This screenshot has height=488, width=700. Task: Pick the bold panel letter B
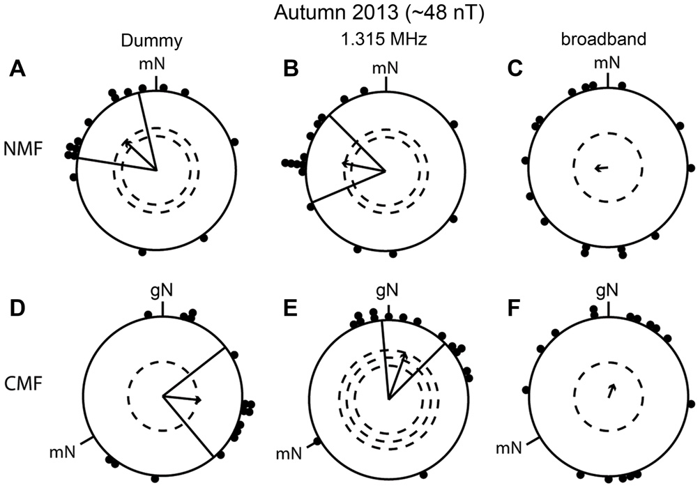pos(290,68)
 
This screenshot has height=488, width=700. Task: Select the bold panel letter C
pos(512,68)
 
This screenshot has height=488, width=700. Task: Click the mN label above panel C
pos(607,63)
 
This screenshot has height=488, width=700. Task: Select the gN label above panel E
pos(389,289)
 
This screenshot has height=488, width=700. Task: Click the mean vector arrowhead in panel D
pos(199,399)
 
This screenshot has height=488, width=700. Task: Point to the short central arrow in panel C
pos(600,167)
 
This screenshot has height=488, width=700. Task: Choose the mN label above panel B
pos(386,68)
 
